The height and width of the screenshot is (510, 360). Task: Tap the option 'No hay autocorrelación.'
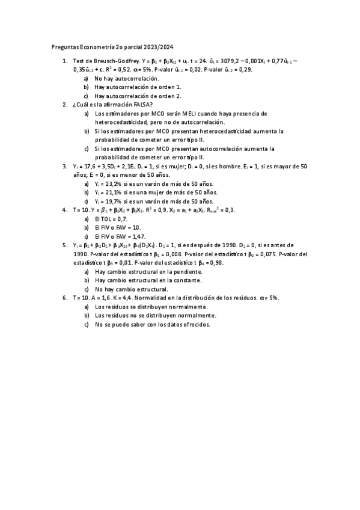pyautogui.click(x=127, y=79)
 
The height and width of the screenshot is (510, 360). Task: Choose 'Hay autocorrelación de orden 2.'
pyautogui.click(x=138, y=96)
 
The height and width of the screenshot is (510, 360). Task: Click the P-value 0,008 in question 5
pyautogui.click(x=188, y=254)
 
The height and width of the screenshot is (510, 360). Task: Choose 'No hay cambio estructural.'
pyautogui.click(x=131, y=289)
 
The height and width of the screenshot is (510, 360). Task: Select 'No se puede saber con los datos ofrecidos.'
pyautogui.click(x=153, y=324)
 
